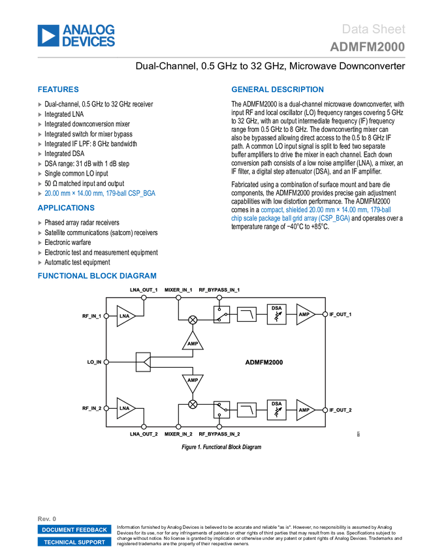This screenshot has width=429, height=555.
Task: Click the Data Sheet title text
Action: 374,29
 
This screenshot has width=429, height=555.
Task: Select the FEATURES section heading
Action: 59,90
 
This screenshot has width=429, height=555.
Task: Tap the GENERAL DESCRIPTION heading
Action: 277,90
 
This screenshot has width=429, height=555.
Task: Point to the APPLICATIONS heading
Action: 66,208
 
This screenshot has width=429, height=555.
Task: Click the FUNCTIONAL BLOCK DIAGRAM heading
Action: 97,276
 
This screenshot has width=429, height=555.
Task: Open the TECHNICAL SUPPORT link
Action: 74,542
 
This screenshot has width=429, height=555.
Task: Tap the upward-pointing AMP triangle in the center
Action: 193,341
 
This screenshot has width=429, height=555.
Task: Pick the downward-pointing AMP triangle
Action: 193,381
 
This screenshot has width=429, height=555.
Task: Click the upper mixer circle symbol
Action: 193,320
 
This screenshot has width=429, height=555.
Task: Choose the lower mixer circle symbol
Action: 193,404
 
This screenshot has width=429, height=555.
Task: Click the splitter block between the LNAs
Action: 143,362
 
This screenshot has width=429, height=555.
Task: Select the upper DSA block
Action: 277,314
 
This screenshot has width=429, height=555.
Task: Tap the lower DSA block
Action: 277,409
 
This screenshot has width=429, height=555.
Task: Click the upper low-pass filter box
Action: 246,314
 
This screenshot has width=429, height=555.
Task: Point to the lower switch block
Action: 221,409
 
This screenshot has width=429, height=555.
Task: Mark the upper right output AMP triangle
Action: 305,314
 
